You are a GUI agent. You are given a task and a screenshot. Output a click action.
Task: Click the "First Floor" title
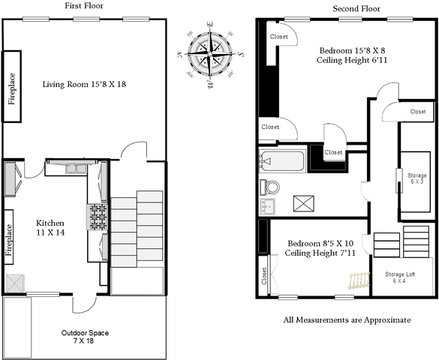(84, 5)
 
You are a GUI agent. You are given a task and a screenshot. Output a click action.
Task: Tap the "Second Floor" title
(356, 9)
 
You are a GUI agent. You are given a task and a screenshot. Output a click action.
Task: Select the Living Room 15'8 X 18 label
(84, 84)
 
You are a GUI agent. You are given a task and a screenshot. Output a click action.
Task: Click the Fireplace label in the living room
(12, 89)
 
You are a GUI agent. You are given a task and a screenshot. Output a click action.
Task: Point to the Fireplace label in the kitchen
(9, 240)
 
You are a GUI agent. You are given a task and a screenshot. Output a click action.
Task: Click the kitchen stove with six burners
(97, 217)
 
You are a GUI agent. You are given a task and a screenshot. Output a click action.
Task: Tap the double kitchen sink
(76, 169)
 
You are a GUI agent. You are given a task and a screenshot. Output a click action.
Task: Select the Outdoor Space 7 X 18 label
(85, 337)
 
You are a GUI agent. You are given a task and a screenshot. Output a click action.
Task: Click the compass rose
(210, 54)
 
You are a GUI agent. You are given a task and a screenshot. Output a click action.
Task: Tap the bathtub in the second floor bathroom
(282, 161)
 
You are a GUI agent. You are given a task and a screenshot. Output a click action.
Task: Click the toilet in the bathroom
(269, 187)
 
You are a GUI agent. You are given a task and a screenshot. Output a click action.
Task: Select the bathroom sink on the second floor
(267, 206)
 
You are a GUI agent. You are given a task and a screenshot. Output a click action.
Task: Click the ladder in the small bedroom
(359, 280)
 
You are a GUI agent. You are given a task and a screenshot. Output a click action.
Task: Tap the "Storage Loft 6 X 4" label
(400, 277)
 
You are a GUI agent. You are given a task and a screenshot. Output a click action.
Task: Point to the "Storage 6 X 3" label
(417, 178)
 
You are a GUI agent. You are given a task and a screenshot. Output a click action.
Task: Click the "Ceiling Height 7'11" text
(320, 253)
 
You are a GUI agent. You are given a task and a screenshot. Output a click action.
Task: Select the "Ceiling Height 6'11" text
(352, 60)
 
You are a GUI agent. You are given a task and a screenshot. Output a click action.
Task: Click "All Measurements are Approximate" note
(347, 320)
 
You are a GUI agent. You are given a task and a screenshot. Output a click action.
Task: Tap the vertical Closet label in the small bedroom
(263, 276)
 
